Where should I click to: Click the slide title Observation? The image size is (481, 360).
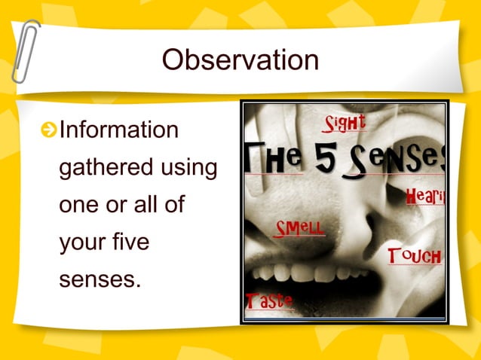coord(240,60)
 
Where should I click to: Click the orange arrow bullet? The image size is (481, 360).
coord(49,131)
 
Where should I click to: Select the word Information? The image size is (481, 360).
coord(118,130)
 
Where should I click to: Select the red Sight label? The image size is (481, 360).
coord(345,122)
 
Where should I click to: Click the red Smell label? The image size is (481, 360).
coord(300,227)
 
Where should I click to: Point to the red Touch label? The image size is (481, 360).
coord(414,255)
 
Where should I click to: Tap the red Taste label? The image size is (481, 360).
coord(268,301)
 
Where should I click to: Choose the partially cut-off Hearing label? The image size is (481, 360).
coord(425,197)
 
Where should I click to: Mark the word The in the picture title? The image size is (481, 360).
coord(274,159)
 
